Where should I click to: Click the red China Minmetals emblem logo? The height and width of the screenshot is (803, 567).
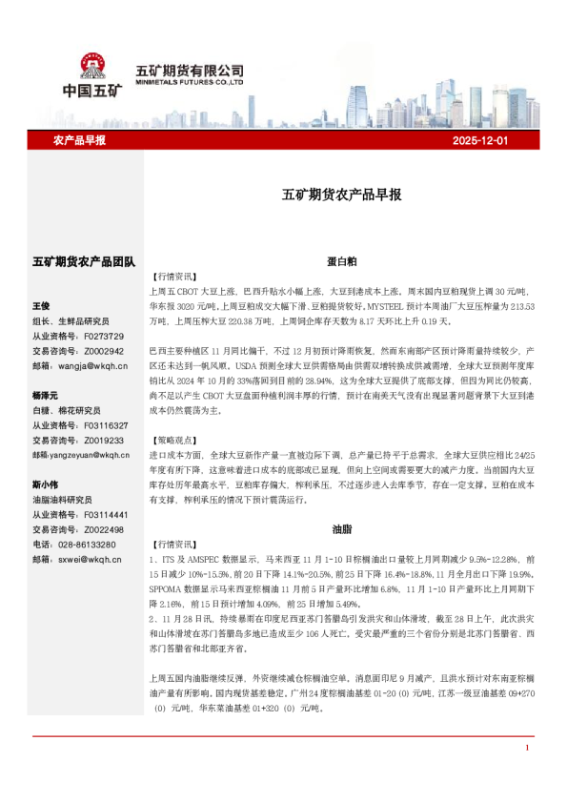(92, 66)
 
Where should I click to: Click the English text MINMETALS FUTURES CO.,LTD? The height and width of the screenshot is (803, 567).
(190, 83)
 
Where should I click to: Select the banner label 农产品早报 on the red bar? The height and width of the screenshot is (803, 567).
(79, 140)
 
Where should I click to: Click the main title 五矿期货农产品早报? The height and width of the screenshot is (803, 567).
(341, 195)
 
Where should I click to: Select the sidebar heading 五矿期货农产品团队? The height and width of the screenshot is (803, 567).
(84, 261)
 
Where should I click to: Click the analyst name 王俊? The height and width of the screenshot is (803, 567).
(41, 306)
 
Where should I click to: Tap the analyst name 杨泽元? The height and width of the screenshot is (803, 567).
(45, 395)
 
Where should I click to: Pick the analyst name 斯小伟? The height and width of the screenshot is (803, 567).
(45, 484)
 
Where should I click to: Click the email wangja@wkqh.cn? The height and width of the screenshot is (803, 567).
(91, 365)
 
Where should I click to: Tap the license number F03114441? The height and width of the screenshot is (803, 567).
(107, 514)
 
